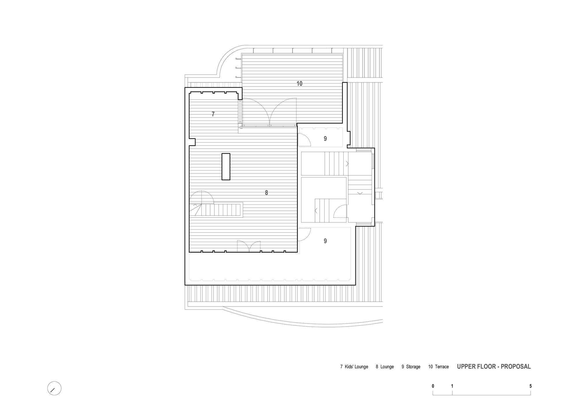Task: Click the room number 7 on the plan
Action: [x=213, y=114]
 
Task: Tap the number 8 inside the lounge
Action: [x=266, y=193]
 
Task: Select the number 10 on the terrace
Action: [x=299, y=84]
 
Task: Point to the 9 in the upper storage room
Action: [x=325, y=139]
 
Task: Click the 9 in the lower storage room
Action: [x=325, y=241]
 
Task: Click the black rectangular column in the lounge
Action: [x=226, y=167]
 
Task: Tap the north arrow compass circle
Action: [x=54, y=388]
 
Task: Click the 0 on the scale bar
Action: [x=433, y=386]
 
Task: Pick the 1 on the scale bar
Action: [x=452, y=386]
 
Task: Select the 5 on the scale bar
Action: [x=531, y=386]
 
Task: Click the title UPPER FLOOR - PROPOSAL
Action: [x=494, y=367]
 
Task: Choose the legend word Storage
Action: [x=413, y=367]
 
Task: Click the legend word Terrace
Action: [x=442, y=367]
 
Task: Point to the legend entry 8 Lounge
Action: [x=385, y=367]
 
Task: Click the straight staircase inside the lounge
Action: [x=216, y=210]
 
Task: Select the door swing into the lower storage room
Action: [x=304, y=235]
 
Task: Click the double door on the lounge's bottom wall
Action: [x=249, y=246]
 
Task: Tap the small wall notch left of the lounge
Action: [x=192, y=142]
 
